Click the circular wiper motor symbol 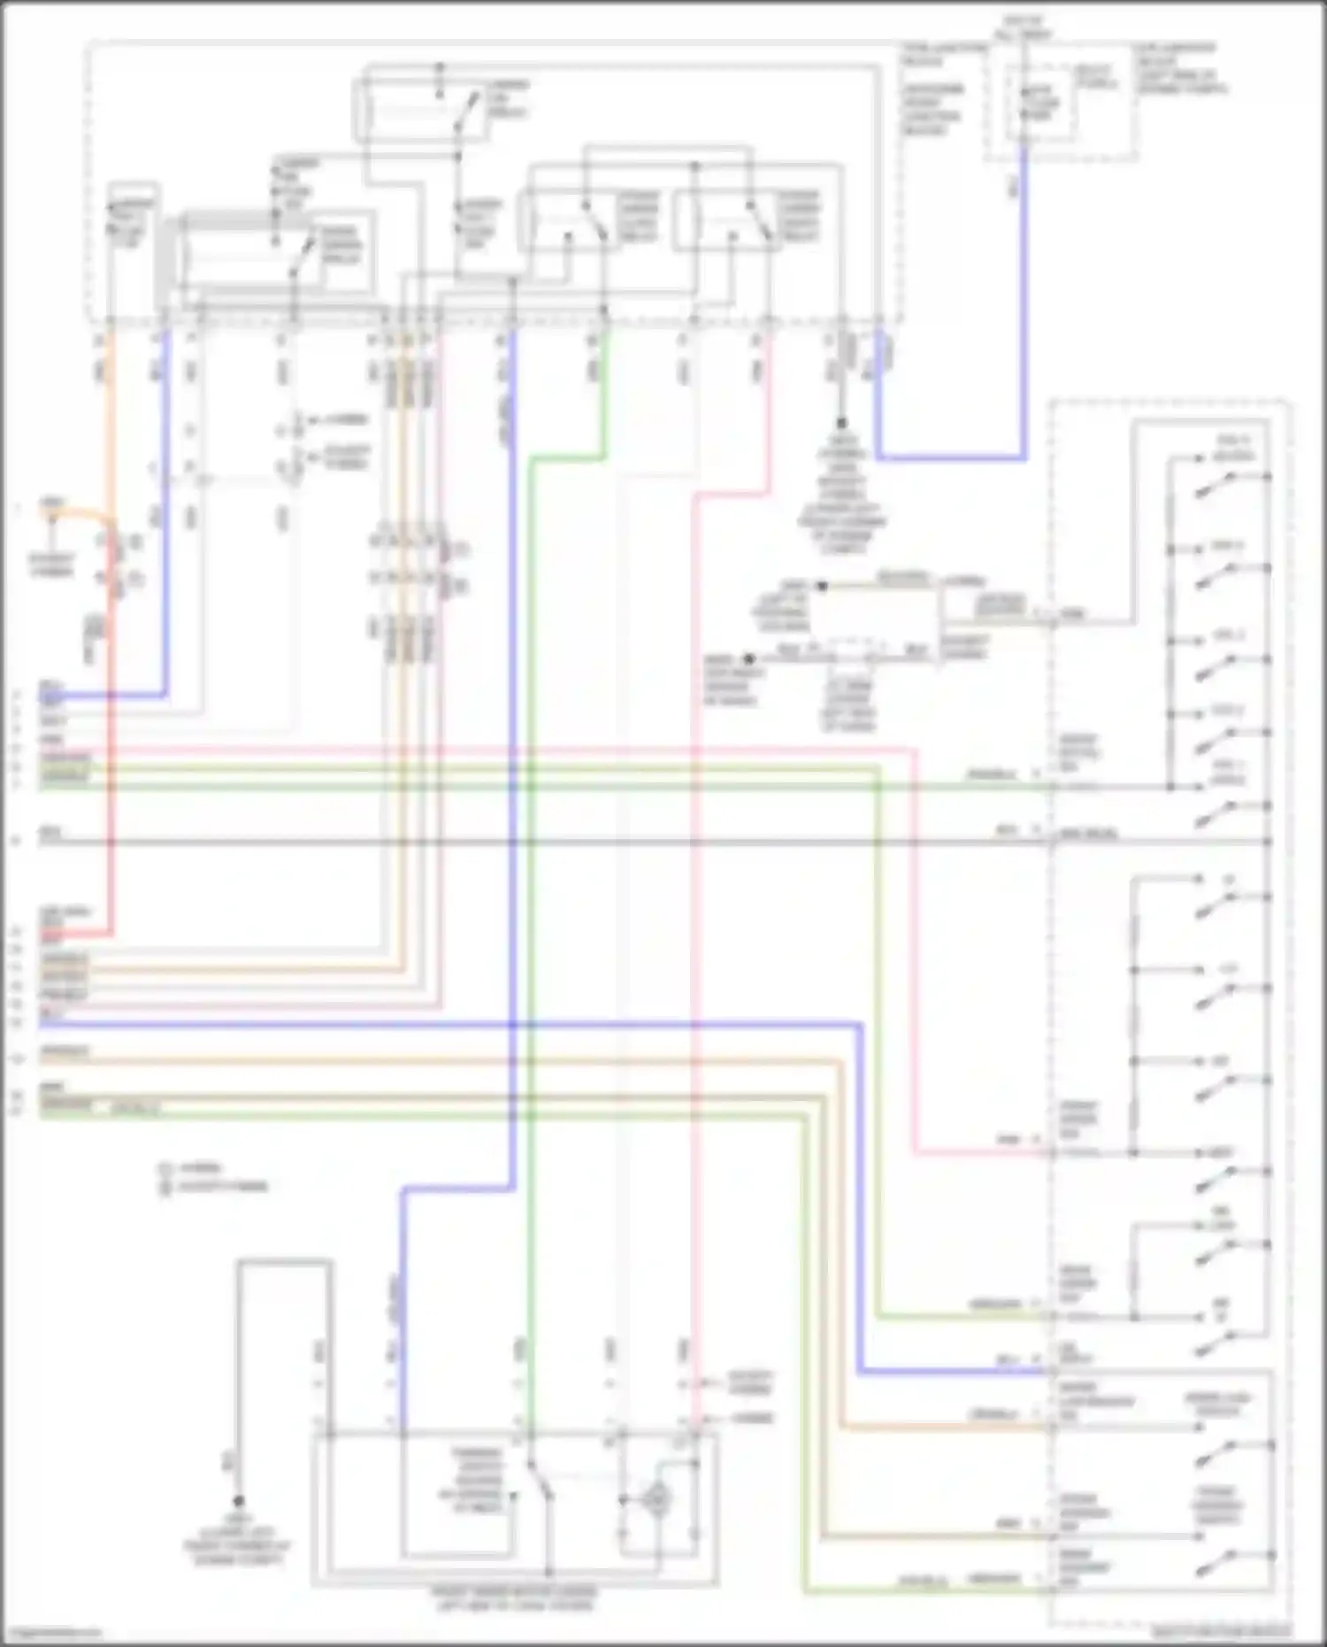tap(656, 1498)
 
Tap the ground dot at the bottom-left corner tap(237, 1502)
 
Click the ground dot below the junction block tap(841, 424)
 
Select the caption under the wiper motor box tap(514, 1597)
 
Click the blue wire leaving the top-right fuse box tap(1024, 310)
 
